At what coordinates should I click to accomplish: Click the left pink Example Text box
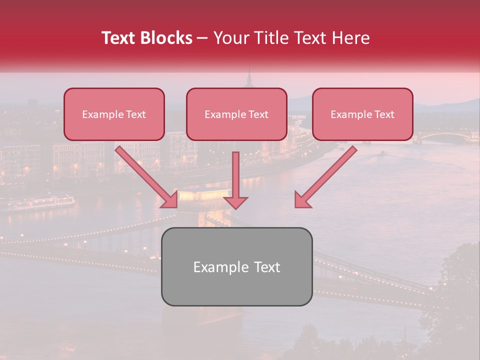(x=114, y=114)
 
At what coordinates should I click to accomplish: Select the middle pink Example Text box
(x=236, y=114)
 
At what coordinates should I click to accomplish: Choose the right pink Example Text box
(x=362, y=114)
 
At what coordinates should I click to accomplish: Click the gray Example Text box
(x=236, y=266)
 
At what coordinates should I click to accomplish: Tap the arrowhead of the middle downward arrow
(x=235, y=202)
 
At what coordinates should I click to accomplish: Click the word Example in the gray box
(x=216, y=267)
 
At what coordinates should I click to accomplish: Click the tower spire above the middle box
(x=248, y=77)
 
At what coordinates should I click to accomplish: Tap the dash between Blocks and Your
(x=202, y=38)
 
